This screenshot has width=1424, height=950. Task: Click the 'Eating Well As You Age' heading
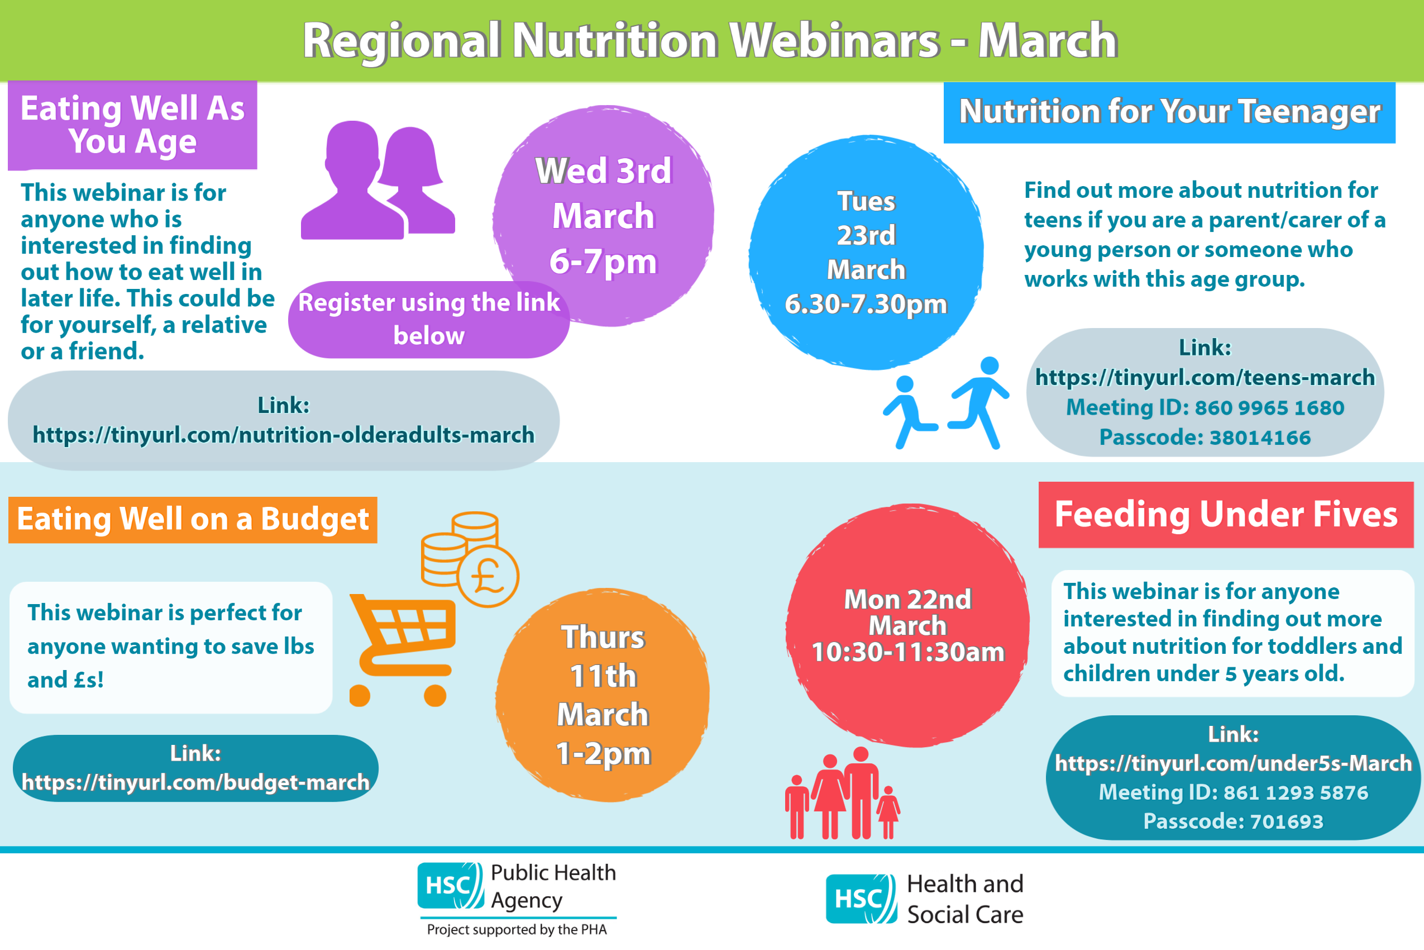pos(132,125)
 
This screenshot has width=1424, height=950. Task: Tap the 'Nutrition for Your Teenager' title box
pos(1169,113)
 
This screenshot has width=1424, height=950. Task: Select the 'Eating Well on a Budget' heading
pos(193,519)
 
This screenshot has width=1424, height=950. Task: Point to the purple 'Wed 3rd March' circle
pos(603,216)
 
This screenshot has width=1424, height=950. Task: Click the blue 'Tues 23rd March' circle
pos(866,252)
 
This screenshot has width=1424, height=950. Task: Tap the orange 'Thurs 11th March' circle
pos(603,695)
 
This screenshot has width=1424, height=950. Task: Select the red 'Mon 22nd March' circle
pos(907,625)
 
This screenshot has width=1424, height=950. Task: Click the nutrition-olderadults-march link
pos(283,435)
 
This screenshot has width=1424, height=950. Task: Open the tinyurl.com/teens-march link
pos(1205,377)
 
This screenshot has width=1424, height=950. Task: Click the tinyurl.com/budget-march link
pos(195,782)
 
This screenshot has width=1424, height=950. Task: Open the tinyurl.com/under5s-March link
pos(1233,763)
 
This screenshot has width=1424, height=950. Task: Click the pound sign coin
pos(488,576)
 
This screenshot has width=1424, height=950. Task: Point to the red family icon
pos(842,793)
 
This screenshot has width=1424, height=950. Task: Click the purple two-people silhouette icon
pos(378,180)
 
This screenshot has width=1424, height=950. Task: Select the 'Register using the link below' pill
pos(429,319)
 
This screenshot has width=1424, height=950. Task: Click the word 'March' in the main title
pos(1048,41)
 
